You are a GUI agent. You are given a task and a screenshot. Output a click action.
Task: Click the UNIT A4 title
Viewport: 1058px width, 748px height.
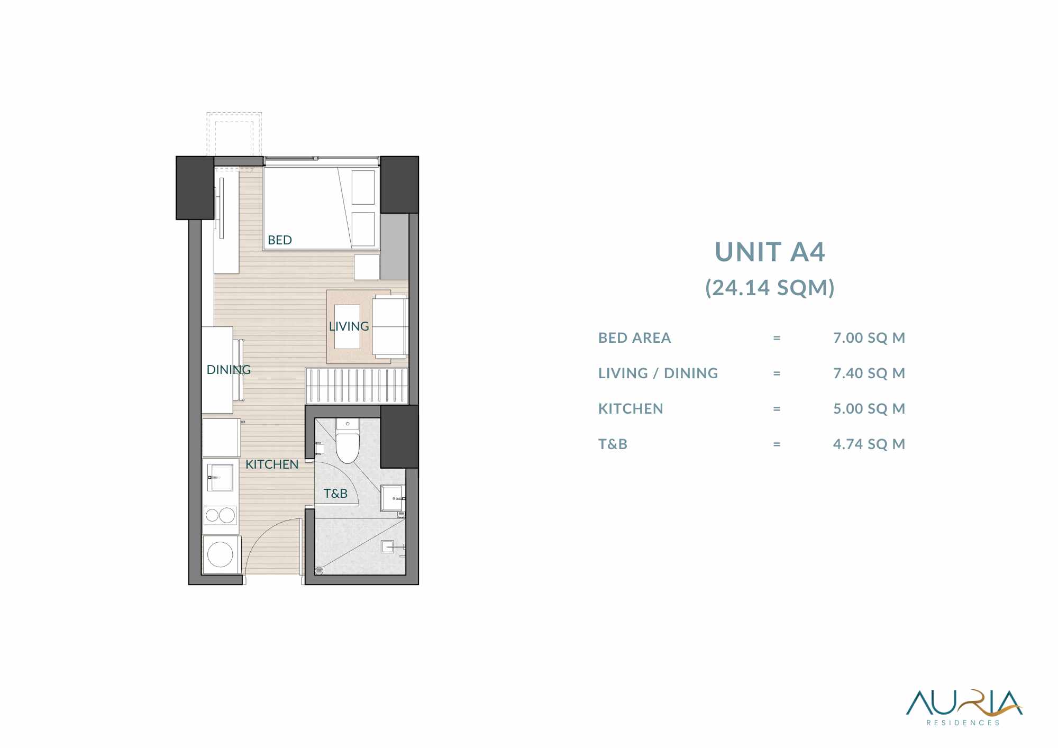pyautogui.click(x=770, y=252)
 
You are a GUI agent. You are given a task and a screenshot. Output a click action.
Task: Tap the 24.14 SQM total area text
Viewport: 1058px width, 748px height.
pyautogui.click(x=770, y=288)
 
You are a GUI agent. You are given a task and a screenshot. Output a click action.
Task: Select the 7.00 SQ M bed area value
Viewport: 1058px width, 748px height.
pyautogui.click(x=869, y=337)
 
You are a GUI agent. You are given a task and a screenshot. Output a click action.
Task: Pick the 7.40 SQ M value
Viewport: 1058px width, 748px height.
pyautogui.click(x=869, y=373)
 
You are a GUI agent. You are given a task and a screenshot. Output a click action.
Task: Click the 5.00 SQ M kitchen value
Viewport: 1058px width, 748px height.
pyautogui.click(x=869, y=408)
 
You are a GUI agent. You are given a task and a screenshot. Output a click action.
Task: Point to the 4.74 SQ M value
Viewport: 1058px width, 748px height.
pyautogui.click(x=869, y=444)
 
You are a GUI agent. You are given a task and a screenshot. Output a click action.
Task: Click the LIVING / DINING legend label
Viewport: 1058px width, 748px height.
pyautogui.click(x=658, y=373)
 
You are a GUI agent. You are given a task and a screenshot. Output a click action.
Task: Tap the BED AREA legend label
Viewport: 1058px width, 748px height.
pyautogui.click(x=634, y=337)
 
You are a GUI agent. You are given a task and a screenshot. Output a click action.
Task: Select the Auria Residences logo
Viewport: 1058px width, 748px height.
pyautogui.click(x=964, y=707)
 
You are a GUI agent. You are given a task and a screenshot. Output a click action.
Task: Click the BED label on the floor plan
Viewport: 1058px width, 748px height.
pyautogui.click(x=280, y=240)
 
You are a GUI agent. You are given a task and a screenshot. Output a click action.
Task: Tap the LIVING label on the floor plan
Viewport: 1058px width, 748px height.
pyautogui.click(x=349, y=326)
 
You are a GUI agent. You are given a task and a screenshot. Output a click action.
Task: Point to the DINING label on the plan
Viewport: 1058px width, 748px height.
pyautogui.click(x=229, y=370)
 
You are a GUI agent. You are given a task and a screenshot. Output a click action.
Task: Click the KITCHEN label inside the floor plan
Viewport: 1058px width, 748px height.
pyautogui.click(x=272, y=464)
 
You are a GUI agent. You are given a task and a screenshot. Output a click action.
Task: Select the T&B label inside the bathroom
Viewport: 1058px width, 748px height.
pyautogui.click(x=335, y=494)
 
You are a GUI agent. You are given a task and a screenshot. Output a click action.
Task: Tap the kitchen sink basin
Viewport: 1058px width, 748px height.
pyautogui.click(x=220, y=477)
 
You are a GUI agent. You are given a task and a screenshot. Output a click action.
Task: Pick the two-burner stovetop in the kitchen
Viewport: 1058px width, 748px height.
pyautogui.click(x=220, y=515)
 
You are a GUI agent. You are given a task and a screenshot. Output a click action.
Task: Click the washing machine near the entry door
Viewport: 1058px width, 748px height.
pyautogui.click(x=221, y=555)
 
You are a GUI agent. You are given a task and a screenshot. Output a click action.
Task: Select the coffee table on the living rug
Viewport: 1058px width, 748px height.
pyautogui.click(x=347, y=326)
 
